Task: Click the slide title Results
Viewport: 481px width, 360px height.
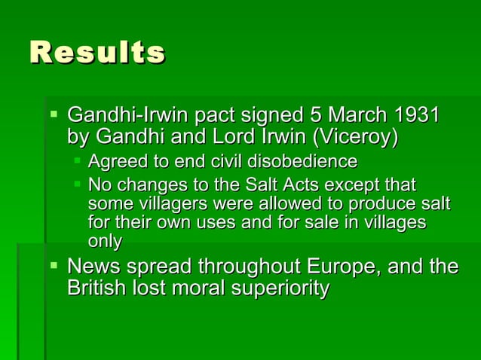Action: (97, 53)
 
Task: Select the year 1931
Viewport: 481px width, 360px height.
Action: (415, 117)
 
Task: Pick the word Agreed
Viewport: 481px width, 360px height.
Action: (113, 162)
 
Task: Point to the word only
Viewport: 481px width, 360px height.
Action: (104, 242)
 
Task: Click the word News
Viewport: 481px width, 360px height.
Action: (93, 267)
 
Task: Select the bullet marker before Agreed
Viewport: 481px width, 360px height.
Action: (77, 161)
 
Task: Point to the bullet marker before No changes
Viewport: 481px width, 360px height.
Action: (77, 184)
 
